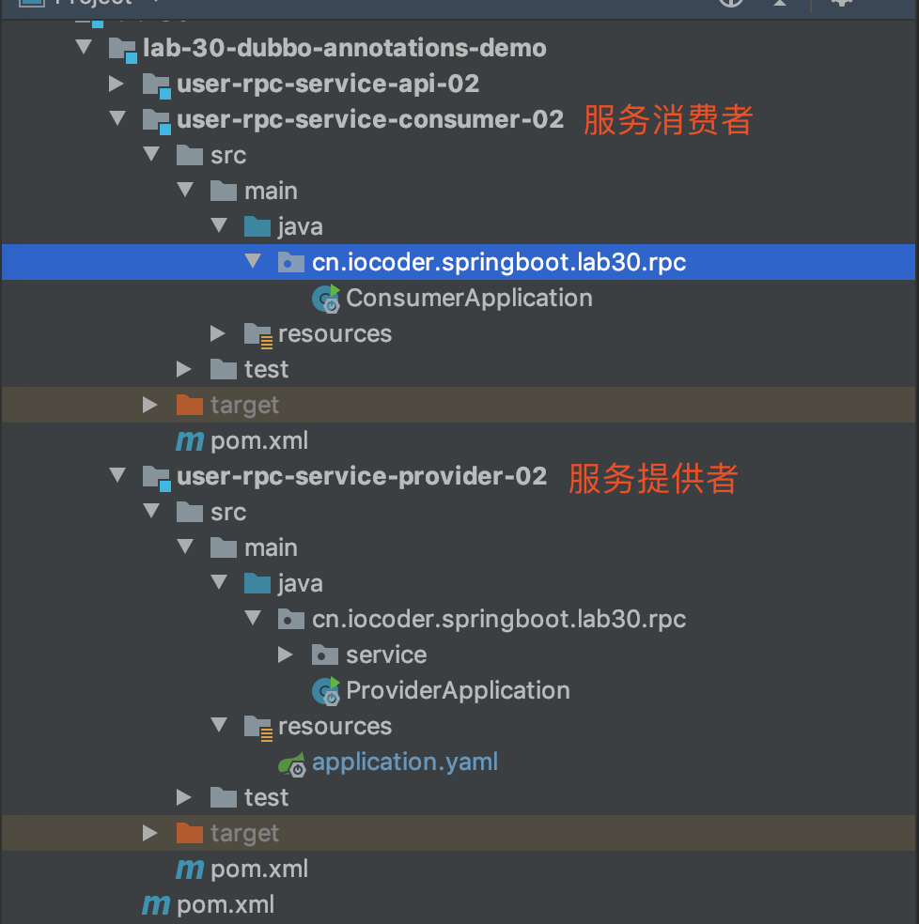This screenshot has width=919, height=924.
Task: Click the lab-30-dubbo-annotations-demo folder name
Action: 343,48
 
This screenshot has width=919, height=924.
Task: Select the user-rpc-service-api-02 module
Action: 327,84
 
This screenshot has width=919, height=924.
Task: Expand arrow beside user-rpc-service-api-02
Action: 117,84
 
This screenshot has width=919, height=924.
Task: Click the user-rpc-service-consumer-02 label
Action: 369,119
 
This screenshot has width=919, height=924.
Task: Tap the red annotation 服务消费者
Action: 668,120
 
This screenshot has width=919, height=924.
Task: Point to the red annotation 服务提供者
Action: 653,478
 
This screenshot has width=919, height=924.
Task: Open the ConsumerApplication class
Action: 468,299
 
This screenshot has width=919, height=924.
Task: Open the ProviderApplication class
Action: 457,691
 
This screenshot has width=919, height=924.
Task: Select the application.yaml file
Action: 404,762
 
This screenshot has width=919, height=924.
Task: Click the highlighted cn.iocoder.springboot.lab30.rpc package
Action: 498,262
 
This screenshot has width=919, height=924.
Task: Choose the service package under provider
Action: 385,654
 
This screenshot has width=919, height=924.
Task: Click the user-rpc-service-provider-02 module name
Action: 361,476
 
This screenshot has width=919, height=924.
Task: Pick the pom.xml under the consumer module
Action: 258,440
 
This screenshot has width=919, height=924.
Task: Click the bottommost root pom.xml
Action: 225,904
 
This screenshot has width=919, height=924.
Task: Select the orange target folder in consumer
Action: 243,405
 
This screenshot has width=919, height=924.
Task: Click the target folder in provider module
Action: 243,833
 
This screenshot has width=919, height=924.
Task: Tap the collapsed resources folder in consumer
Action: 334,333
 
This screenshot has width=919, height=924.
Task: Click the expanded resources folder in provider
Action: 334,726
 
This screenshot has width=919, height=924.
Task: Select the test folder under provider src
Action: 265,797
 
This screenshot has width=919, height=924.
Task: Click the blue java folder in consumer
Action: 299,226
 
